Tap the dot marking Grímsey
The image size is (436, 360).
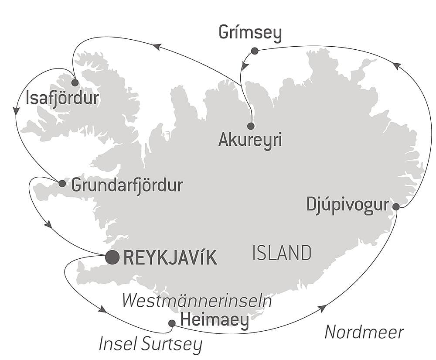tap(255, 51)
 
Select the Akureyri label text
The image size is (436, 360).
tap(250, 141)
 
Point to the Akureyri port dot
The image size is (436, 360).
tap(251, 126)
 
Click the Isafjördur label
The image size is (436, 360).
tap(62, 99)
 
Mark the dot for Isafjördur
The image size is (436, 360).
tap(75, 82)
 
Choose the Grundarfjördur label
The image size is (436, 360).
tap(127, 186)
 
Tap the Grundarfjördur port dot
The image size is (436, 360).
tap(62, 183)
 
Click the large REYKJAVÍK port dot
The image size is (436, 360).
tap(112, 257)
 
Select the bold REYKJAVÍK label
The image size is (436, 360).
tap(170, 258)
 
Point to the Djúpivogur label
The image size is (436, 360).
tap(347, 205)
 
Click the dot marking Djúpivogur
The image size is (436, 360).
tap(396, 206)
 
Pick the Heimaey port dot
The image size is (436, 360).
tap(172, 323)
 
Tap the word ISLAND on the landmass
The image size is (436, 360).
tap(282, 253)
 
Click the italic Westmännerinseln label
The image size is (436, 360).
tap(197, 301)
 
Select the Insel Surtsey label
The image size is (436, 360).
tap(150, 344)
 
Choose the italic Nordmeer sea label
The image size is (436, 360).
tap(364, 333)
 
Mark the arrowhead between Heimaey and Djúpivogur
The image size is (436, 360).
tap(322, 309)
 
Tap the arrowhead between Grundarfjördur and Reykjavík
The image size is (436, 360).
tap(48, 224)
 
